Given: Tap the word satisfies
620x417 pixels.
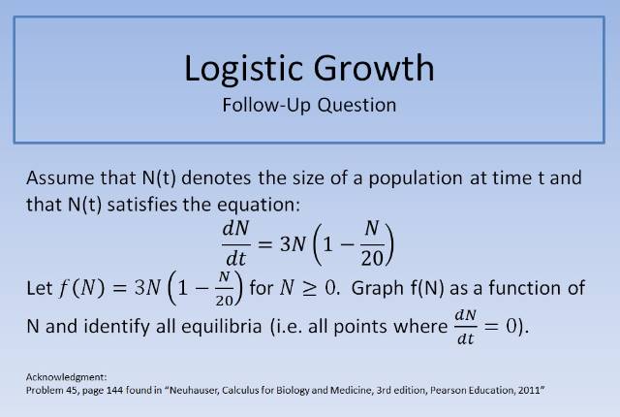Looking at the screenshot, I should click(x=156, y=205).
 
